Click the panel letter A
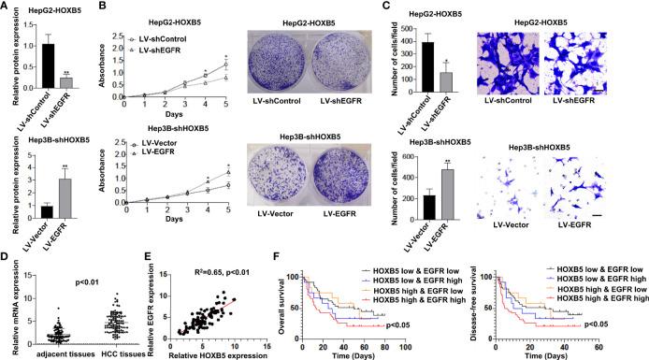tap(7, 7)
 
